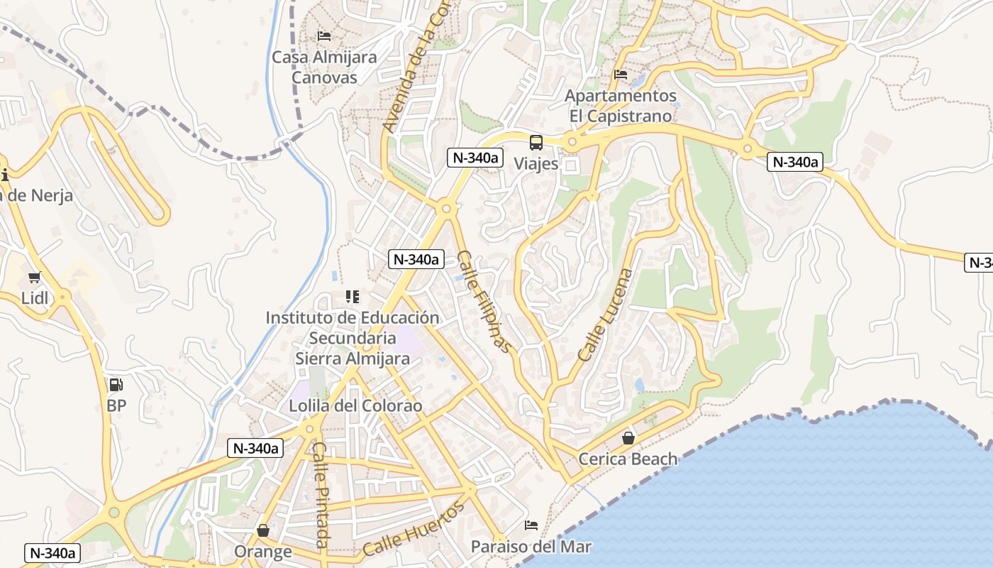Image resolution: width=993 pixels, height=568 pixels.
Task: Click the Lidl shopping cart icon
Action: pyautogui.click(x=34, y=277)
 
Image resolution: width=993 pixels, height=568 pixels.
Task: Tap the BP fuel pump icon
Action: pyautogui.click(x=116, y=385)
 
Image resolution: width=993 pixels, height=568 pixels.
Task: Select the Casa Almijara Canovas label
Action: pyautogui.click(x=324, y=67)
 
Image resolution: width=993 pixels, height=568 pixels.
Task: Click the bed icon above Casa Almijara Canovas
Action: pyautogui.click(x=324, y=35)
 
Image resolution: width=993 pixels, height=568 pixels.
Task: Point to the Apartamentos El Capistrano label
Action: pyautogui.click(x=621, y=105)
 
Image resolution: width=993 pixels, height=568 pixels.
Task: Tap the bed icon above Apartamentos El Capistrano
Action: pyautogui.click(x=621, y=74)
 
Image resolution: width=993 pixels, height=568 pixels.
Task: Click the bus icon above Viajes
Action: pyautogui.click(x=536, y=142)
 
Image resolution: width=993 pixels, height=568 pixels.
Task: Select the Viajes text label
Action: pyautogui.click(x=536, y=163)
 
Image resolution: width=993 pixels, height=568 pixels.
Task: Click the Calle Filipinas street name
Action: pyautogui.click(x=484, y=302)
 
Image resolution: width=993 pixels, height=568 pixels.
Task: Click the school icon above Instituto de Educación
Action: pyautogui.click(x=353, y=296)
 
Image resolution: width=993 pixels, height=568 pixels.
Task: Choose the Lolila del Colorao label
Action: pyautogui.click(x=355, y=406)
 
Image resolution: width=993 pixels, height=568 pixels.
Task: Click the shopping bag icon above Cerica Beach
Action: pyautogui.click(x=628, y=437)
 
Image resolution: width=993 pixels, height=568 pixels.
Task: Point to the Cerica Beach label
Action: pyautogui.click(x=628, y=459)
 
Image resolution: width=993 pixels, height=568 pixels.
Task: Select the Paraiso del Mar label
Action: pyautogui.click(x=531, y=547)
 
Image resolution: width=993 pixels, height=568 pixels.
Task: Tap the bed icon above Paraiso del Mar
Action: pyautogui.click(x=531, y=525)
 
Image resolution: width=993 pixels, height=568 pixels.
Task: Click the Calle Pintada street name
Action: pyautogui.click(x=321, y=495)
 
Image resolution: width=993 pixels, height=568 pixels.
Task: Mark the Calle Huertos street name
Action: pyautogui.click(x=414, y=529)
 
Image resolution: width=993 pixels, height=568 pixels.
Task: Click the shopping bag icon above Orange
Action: pyautogui.click(x=263, y=530)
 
